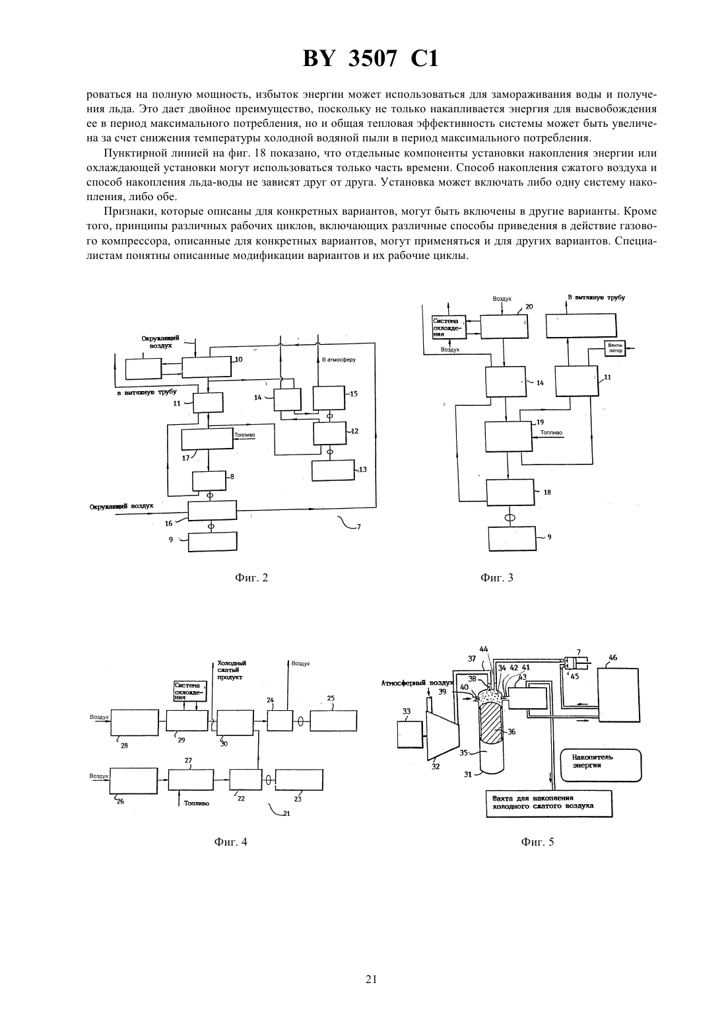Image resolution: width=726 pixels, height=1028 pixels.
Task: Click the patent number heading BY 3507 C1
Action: click(370, 59)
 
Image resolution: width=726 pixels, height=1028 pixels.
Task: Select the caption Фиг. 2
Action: click(251, 578)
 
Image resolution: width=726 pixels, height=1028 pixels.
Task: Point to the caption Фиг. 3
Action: click(497, 578)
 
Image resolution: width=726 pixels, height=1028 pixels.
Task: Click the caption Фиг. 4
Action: click(230, 842)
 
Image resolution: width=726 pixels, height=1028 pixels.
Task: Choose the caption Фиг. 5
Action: click(537, 842)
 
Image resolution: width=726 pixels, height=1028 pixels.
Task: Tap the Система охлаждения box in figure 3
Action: click(449, 327)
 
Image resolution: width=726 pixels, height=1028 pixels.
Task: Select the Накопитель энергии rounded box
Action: click(601, 765)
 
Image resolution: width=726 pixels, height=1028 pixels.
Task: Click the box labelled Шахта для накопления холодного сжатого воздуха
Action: click(549, 803)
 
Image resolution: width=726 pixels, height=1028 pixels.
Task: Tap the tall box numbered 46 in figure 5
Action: click(618, 694)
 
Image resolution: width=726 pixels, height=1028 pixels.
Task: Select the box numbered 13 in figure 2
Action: click(333, 470)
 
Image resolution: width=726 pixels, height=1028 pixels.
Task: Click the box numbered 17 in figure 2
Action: click(207, 439)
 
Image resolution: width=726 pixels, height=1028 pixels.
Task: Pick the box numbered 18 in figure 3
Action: click(510, 492)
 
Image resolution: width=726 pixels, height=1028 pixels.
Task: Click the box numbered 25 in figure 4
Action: click(333, 721)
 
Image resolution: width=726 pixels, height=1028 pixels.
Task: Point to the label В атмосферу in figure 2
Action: click(338, 360)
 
